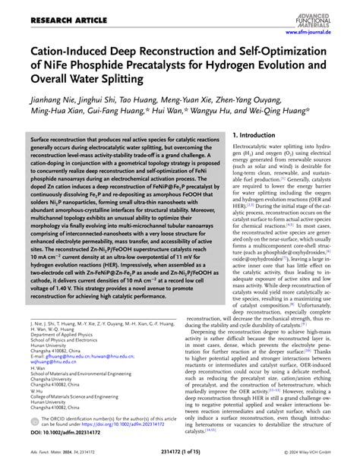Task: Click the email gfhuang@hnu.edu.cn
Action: [x=71, y=357]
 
